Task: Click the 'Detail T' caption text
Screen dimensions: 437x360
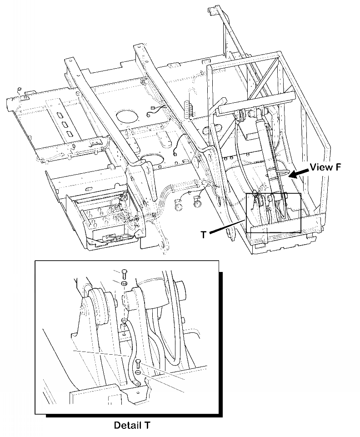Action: (131, 426)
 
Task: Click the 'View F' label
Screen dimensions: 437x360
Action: (325, 167)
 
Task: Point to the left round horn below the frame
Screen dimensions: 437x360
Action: (179, 206)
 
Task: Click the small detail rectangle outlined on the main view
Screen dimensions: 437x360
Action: (273, 213)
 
